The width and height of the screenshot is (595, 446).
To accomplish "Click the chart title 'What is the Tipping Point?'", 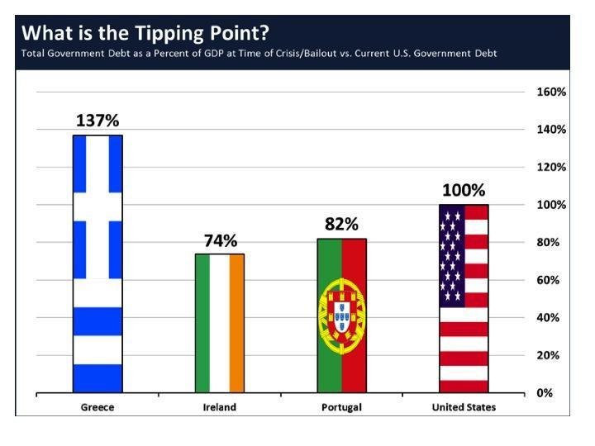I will coord(144,33).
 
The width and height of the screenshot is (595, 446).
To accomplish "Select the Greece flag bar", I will coord(98,263).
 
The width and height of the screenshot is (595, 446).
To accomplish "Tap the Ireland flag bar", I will coord(220,323).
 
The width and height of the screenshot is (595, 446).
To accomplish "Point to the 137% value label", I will coord(98,121).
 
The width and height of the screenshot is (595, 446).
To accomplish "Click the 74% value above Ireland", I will coord(221,240).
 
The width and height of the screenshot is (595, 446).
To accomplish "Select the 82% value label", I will coord(341,225).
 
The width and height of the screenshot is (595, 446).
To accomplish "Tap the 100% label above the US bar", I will coord(464,190).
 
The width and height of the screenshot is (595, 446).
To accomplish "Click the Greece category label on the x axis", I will coord(98,407).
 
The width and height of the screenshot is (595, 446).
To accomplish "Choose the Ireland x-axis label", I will coord(220,407).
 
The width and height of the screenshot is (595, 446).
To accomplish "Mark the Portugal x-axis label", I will coord(341,407).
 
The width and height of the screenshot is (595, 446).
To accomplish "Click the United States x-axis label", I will coord(464,407).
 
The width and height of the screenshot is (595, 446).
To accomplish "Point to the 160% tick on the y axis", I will coord(551,92).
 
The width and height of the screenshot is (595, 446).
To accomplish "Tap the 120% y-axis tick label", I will coord(551,167).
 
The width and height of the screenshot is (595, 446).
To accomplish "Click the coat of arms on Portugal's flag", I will coord(341,314).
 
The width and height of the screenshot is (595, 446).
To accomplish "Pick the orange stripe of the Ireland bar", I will coord(237,323).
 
